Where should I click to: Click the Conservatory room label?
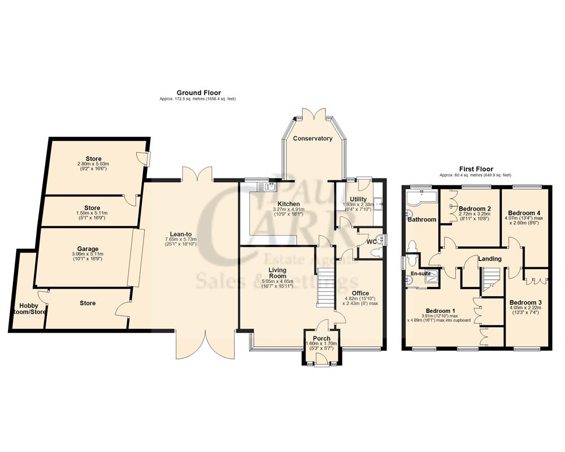coord(312,138)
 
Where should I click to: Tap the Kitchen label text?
coord(288,204)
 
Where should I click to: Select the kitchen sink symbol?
coord(265,186)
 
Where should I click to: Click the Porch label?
coord(321,338)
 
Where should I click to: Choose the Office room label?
coord(360,293)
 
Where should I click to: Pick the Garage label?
coord(88,249)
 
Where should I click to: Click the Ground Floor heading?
coord(198,93)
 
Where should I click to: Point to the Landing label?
coord(489,259)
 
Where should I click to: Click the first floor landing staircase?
coord(489,280)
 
